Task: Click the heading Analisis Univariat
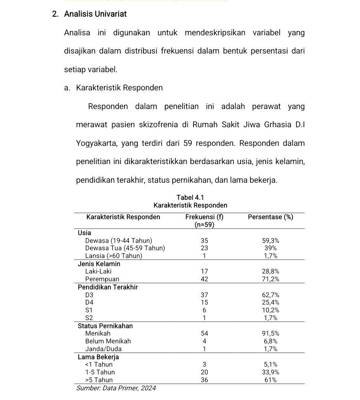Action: [95, 14]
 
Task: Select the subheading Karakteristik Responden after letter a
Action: [119, 88]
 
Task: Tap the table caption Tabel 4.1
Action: [190, 198]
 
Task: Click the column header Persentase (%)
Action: [270, 217]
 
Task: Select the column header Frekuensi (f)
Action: [204, 217]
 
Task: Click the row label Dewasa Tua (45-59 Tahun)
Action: [125, 248]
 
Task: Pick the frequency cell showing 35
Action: [204, 241]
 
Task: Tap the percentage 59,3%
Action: [270, 241]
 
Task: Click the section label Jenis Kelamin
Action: [99, 264]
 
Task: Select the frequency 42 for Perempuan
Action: [204, 279]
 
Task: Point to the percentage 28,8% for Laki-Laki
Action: [270, 272]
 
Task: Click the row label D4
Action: [89, 302]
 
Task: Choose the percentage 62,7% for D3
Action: [270, 295]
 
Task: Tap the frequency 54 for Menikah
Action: [204, 333]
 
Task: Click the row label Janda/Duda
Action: [103, 349]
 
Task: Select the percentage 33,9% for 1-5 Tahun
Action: [270, 372]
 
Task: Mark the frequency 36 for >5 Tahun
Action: [204, 380]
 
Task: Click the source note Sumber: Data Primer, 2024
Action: [116, 388]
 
